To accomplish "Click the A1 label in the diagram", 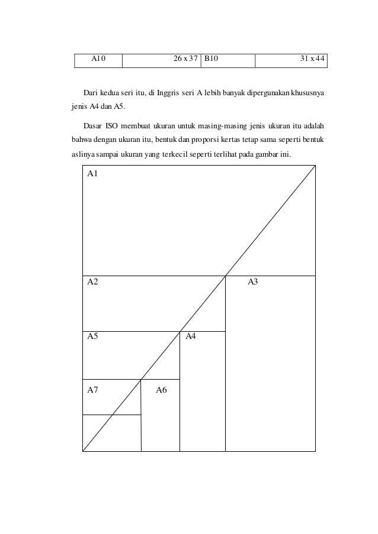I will coord(92,174).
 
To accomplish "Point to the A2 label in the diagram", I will coord(92,282).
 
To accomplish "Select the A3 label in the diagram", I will coord(252,282).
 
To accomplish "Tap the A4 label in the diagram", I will coord(191,337).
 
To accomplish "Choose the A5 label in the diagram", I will coord(92,337).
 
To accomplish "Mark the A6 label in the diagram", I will coord(161,389).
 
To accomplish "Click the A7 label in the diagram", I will coord(92,389).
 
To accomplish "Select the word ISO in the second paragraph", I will coord(113,127).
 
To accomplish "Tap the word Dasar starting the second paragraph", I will coord(92,127).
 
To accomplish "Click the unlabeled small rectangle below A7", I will coord(111,433).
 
